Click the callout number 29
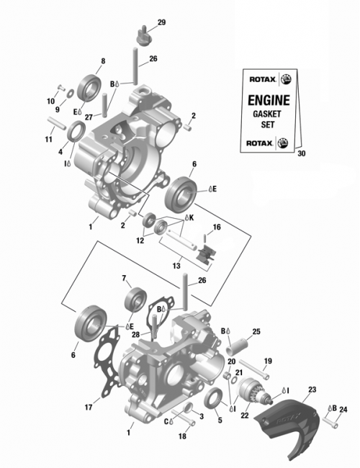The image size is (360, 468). point(161,23)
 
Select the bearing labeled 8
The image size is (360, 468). point(91,87)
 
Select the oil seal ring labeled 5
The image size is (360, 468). point(214,398)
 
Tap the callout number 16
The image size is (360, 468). point(216,227)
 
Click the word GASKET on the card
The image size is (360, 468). point(269,114)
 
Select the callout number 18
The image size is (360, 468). point(181,437)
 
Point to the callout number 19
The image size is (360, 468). point(267,361)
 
